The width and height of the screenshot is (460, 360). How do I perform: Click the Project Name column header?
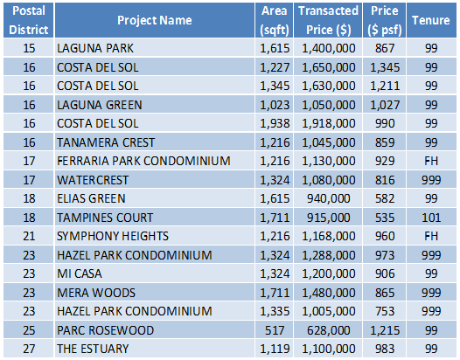coord(154,20)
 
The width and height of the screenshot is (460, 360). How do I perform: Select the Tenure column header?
coord(430,20)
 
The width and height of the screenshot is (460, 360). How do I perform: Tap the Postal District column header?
coord(29,20)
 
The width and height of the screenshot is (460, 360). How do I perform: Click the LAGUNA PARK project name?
coord(95,48)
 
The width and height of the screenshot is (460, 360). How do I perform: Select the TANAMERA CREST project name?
coord(106,142)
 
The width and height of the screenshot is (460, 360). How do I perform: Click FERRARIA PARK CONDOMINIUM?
coord(143,161)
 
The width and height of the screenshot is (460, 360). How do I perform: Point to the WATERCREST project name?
coord(93,180)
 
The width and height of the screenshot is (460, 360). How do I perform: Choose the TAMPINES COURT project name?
coord(105,218)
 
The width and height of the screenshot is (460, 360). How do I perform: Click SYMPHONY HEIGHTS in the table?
coord(113,236)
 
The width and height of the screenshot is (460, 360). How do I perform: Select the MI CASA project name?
coord(80,273)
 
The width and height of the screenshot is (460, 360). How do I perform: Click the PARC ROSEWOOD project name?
coord(105,330)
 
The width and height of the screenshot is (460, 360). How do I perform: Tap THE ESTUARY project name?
coord(93,349)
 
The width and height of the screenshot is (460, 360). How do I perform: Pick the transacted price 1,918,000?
coord(328,123)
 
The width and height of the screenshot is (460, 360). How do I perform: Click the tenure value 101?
coord(431,218)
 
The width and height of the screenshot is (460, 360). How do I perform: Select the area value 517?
coord(275,330)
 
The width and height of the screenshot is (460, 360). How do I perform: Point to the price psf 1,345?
coord(385,67)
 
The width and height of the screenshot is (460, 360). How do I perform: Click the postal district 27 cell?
coord(29,349)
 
